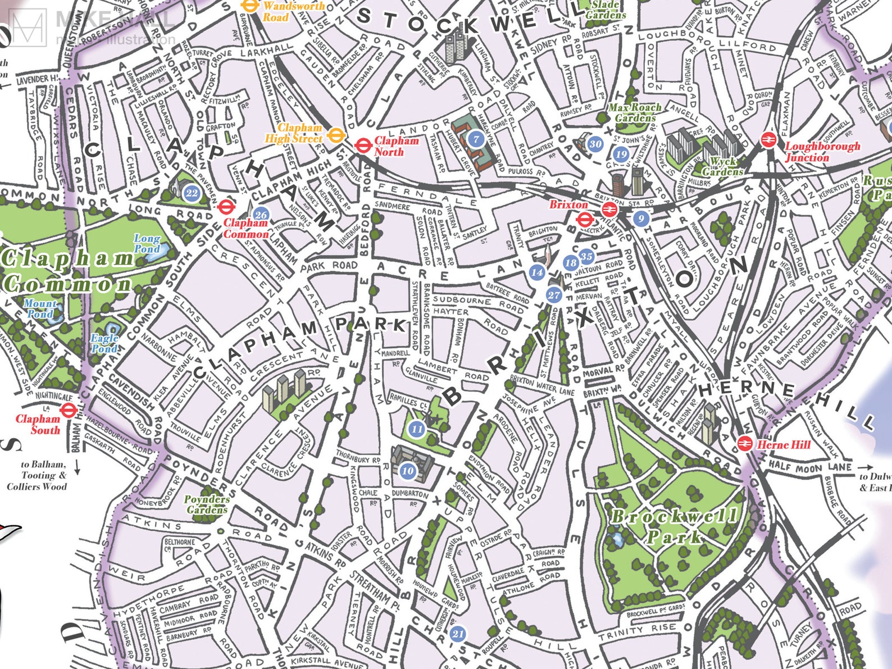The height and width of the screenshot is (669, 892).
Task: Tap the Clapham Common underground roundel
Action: [226, 206]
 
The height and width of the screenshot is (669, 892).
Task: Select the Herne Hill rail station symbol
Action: [745, 444]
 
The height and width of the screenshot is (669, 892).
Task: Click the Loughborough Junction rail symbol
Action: [768, 140]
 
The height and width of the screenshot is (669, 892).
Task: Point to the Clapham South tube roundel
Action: [69, 410]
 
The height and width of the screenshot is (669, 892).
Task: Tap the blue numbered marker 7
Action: [476, 139]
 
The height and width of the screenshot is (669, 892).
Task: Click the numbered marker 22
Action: [192, 193]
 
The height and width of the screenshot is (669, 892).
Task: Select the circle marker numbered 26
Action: [261, 215]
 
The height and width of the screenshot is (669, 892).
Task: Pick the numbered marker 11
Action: [416, 429]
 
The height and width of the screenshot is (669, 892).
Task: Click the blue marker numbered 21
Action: [458, 634]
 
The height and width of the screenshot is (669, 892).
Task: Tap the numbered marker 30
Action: [595, 144]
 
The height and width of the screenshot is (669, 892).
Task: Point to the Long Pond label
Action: [147, 243]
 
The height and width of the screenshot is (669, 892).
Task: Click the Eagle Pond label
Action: [105, 343]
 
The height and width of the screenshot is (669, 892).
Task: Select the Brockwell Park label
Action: [674, 526]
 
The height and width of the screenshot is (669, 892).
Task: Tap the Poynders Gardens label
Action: [206, 504]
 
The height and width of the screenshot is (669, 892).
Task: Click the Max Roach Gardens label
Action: [635, 112]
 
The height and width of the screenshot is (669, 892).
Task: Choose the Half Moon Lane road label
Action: [809, 466]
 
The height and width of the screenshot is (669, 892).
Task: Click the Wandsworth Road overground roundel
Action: [249, 6]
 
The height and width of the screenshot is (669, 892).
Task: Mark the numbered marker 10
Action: [408, 471]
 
